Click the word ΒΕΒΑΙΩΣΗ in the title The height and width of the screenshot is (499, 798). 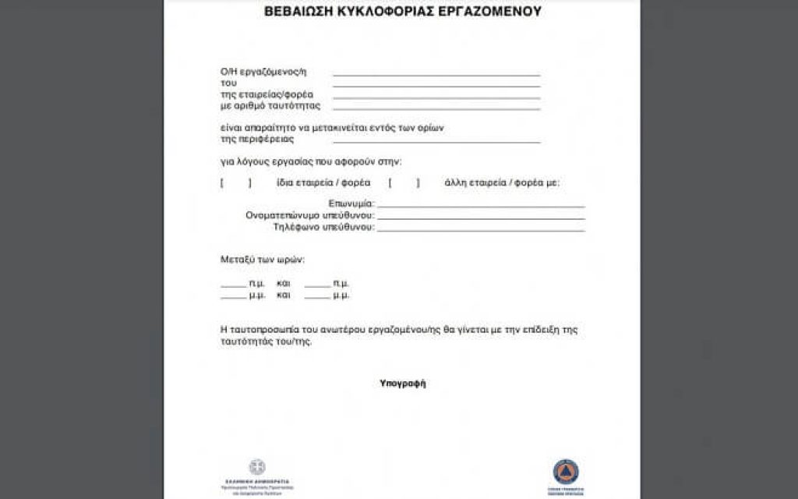[298, 12]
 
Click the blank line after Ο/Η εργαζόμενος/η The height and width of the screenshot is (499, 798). [436, 75]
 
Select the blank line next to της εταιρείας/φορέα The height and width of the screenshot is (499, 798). [436, 97]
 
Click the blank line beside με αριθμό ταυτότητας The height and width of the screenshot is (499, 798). [436, 108]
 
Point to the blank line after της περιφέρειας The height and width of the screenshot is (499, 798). [436, 143]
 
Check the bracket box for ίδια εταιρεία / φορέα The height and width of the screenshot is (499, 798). [235, 184]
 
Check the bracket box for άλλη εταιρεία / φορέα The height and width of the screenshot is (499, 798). [404, 184]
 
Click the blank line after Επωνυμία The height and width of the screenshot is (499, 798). [481, 206]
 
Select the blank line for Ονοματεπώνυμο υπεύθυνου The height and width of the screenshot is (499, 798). [481, 218]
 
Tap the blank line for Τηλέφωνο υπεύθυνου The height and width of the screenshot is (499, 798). [481, 230]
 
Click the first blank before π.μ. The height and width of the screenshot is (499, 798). [233, 285]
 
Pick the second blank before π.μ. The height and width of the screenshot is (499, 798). [317, 285]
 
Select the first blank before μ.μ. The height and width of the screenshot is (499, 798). [233, 298]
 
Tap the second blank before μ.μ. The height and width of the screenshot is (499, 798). [317, 298]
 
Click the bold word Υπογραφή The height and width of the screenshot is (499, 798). [403, 384]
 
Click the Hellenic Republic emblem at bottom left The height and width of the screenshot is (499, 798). [257, 467]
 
